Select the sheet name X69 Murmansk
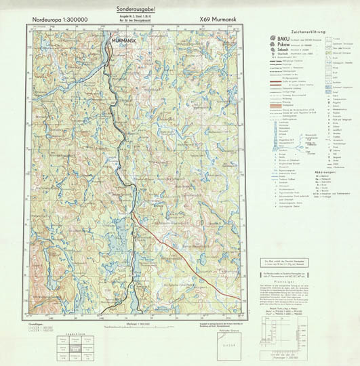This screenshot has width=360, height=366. point(218,20)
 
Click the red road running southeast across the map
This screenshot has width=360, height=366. point(169,244)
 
